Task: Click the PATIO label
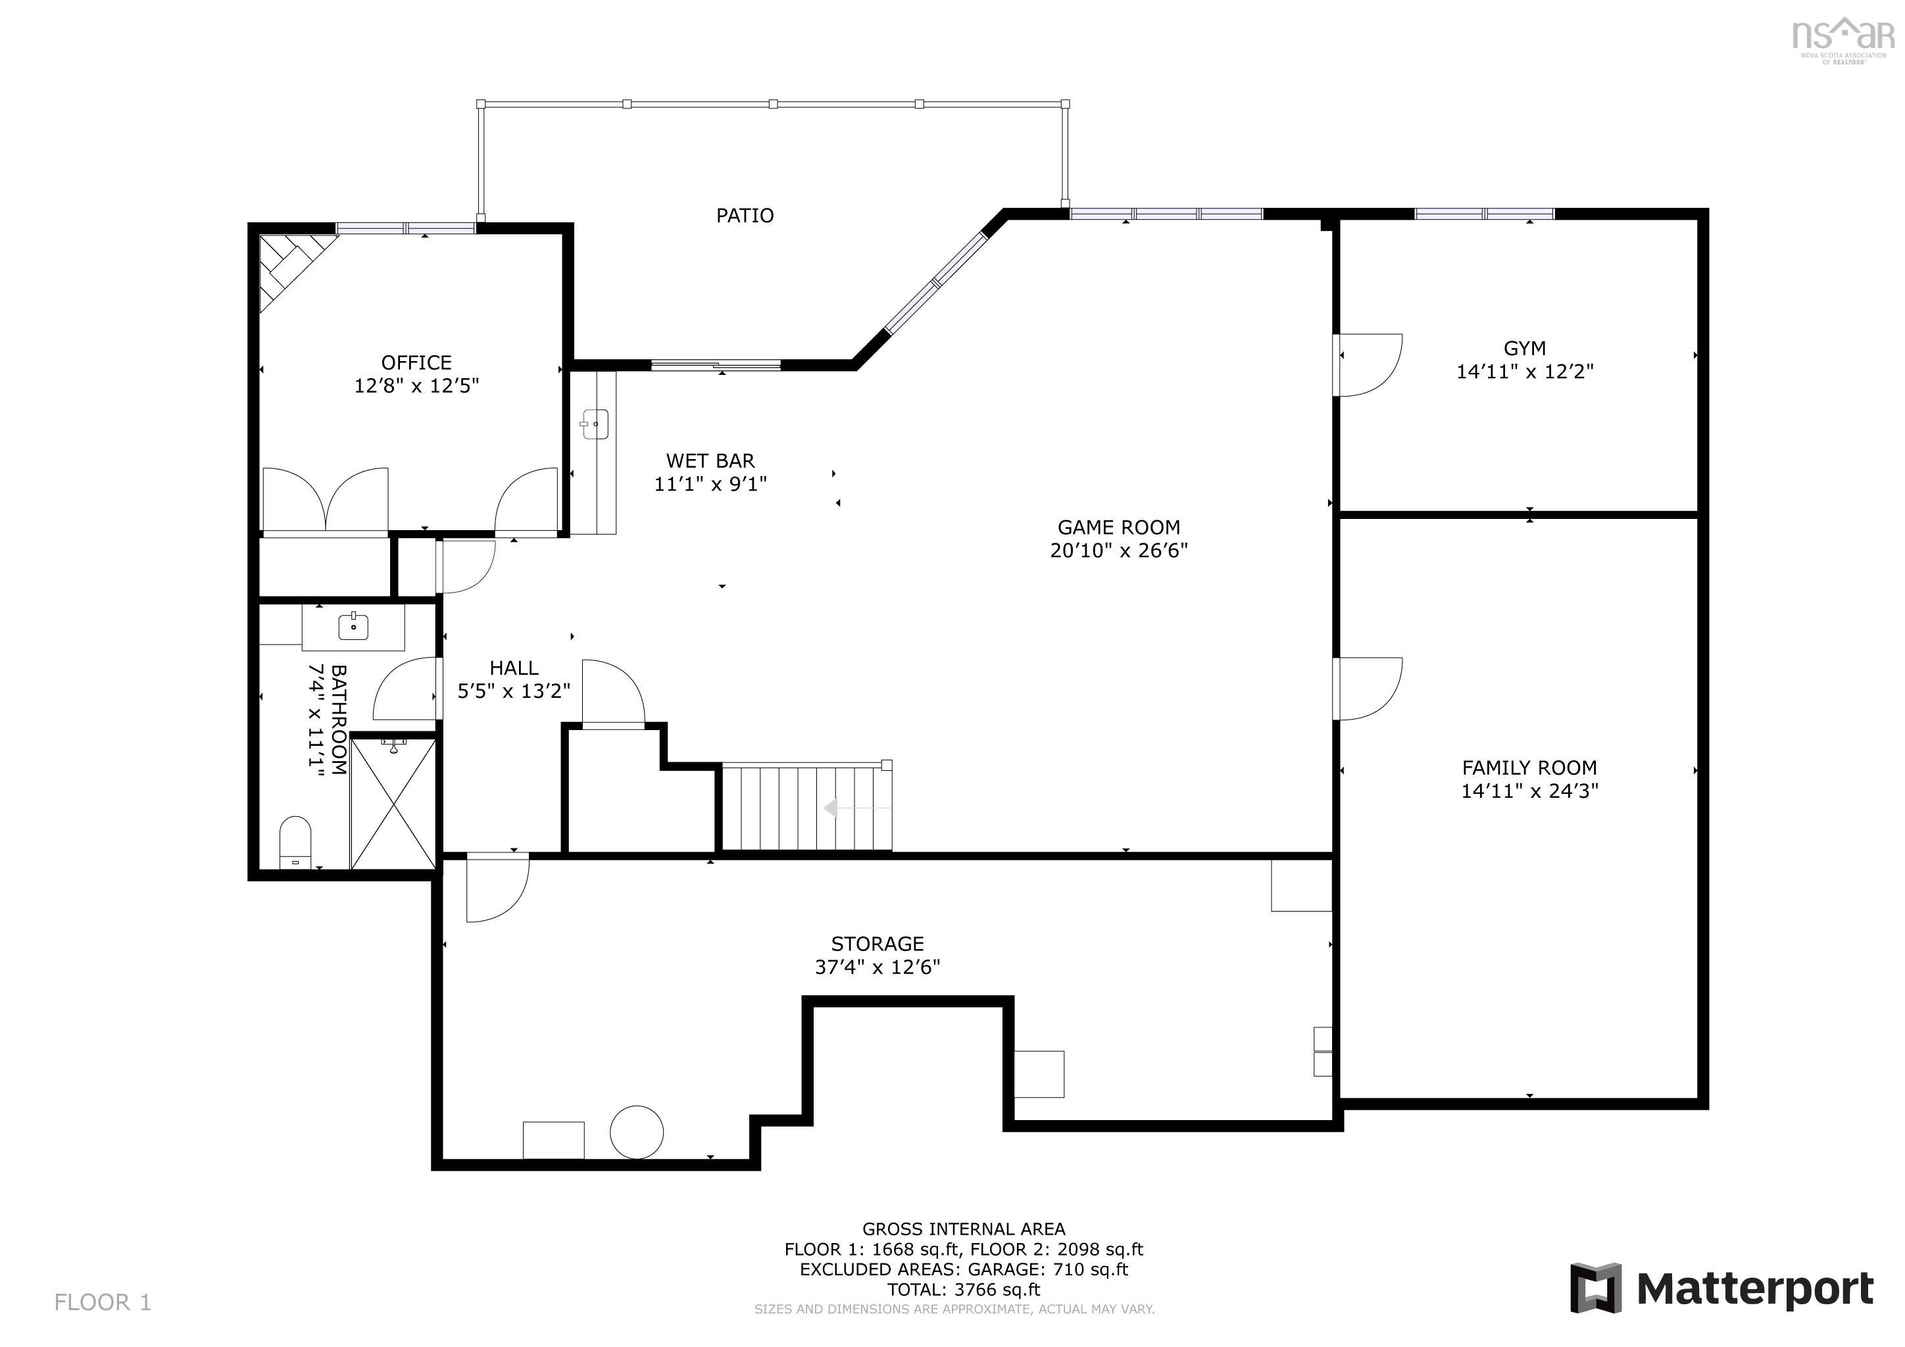point(744,216)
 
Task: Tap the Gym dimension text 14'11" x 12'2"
point(1524,372)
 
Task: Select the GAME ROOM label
point(1118,527)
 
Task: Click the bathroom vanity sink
point(353,626)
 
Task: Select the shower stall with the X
point(393,804)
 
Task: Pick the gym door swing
point(1368,365)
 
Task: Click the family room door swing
point(1368,689)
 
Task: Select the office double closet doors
point(325,499)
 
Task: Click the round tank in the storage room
point(636,1132)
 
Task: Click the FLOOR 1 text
point(103,1302)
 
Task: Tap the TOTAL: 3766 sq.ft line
point(962,1290)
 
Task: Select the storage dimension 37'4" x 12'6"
point(877,967)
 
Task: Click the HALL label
point(514,668)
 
